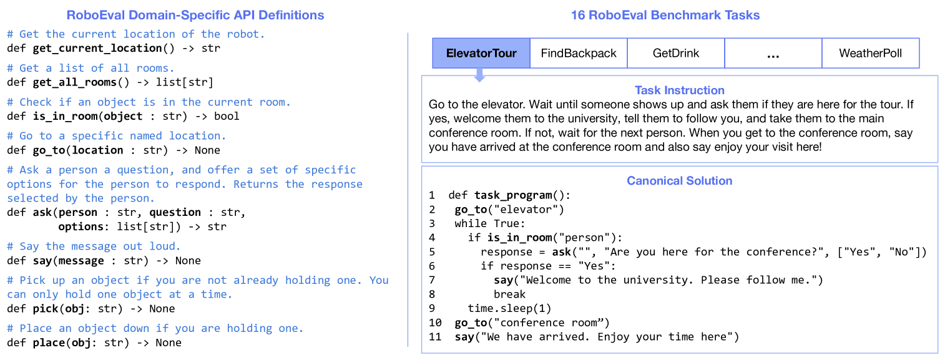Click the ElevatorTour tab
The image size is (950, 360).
tap(481, 53)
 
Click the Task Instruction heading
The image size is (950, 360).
tap(679, 90)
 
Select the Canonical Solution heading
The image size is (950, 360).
tap(679, 181)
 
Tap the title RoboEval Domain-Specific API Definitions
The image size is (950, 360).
tap(195, 15)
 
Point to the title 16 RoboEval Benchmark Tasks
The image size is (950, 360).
tap(665, 15)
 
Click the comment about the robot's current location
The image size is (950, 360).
tap(136, 34)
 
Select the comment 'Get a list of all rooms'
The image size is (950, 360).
tap(91, 68)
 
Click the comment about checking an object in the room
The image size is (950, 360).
tap(149, 102)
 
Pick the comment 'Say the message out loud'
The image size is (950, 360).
tap(94, 246)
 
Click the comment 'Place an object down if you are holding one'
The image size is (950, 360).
tap(155, 328)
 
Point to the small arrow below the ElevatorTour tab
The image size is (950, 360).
tap(479, 75)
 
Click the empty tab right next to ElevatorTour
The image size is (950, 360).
tap(578, 53)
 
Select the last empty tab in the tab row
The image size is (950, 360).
tap(870, 53)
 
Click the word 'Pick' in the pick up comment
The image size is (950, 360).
tap(32, 280)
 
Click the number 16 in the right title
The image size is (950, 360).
tap(578, 15)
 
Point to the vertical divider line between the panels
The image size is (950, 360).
tap(408, 187)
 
